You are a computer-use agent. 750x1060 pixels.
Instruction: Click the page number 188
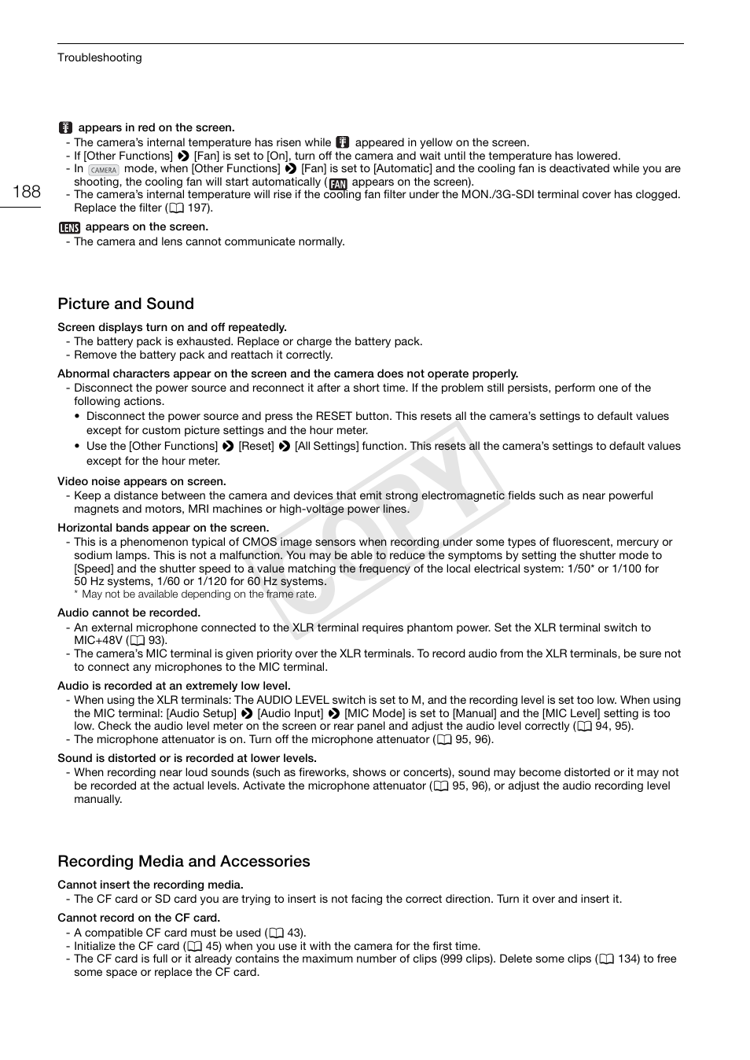click(x=27, y=191)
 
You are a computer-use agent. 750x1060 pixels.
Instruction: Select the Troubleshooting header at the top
click(x=99, y=57)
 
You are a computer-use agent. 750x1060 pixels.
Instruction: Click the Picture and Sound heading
click(x=126, y=304)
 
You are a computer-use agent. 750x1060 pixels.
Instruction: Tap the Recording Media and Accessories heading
click(x=184, y=861)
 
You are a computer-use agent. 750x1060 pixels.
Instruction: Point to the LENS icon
click(x=69, y=227)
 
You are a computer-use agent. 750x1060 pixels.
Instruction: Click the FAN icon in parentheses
click(x=338, y=183)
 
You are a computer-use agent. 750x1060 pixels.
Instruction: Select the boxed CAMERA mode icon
click(x=103, y=170)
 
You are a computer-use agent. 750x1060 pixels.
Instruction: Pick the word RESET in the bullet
click(x=334, y=416)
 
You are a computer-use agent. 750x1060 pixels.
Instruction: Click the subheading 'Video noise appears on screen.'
click(x=142, y=481)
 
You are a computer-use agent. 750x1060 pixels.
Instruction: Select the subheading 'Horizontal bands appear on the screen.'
click(x=163, y=528)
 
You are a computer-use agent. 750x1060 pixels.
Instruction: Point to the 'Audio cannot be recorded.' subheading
click(x=129, y=613)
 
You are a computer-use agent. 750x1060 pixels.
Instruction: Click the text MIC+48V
click(x=98, y=641)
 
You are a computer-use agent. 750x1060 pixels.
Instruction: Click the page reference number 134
click(x=628, y=959)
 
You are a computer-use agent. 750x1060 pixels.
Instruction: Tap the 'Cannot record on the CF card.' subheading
click(x=138, y=918)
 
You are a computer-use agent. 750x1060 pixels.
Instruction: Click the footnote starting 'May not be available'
click(x=199, y=594)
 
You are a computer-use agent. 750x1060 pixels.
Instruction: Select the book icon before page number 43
click(x=276, y=933)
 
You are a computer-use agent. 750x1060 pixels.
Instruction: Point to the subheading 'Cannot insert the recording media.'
click(x=150, y=885)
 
